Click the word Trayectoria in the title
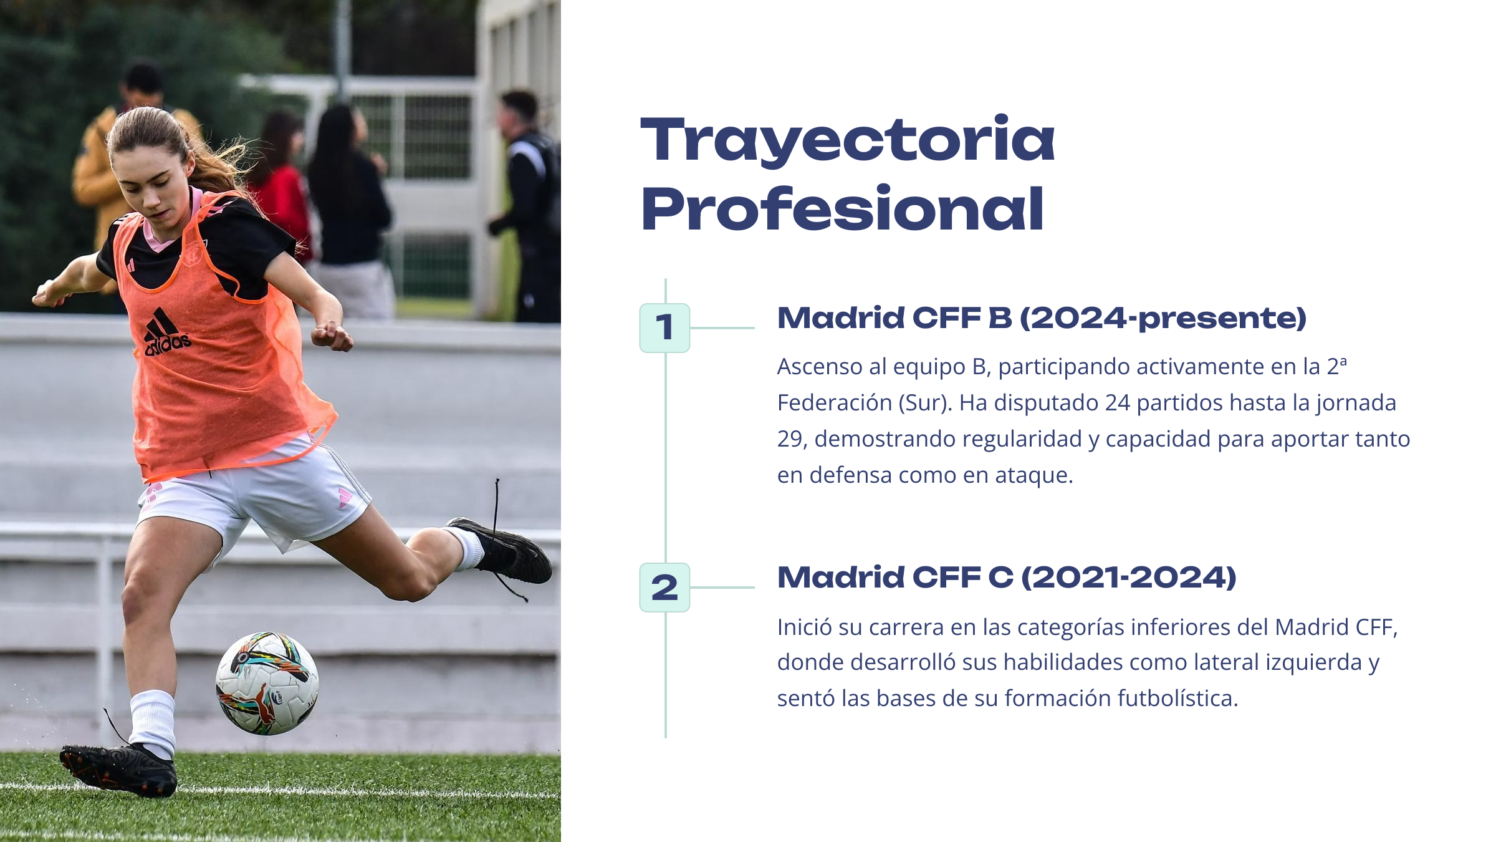click(x=848, y=140)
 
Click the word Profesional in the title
click(x=842, y=208)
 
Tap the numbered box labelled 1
click(x=664, y=328)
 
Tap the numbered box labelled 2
click(x=664, y=588)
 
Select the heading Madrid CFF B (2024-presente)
click(x=1042, y=318)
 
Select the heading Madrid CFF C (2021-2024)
click(x=1007, y=578)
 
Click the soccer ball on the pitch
click(x=267, y=684)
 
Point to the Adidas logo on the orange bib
click(x=166, y=332)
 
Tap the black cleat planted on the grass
click(x=118, y=770)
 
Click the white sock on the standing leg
click(x=152, y=722)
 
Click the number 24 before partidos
click(x=1118, y=403)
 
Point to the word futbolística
click(x=1177, y=699)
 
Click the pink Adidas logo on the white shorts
click(x=345, y=497)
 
